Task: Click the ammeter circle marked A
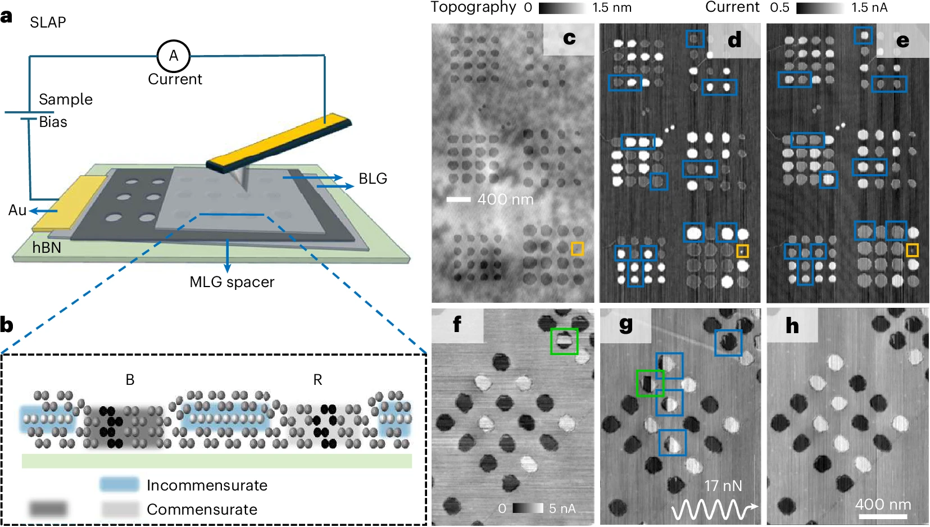[174, 56]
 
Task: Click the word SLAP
[48, 22]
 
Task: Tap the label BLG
[373, 179]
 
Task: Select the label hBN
[47, 248]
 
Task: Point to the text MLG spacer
[232, 282]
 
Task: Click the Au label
[17, 211]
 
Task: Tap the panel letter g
[625, 325]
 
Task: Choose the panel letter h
[792, 326]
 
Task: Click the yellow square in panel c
[577, 249]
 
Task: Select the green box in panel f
[564, 342]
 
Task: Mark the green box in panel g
[650, 383]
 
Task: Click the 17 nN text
[723, 486]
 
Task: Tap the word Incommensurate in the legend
[207, 485]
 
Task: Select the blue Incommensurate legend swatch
[119, 484]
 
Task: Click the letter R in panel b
[317, 380]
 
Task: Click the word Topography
[473, 7]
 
